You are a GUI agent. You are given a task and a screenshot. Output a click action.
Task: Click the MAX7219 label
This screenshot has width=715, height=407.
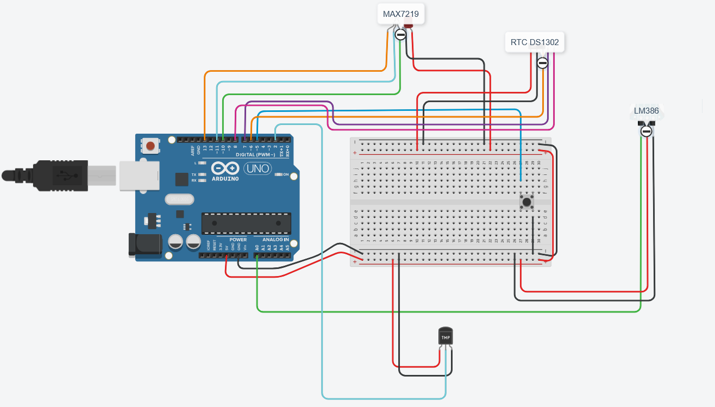point(400,14)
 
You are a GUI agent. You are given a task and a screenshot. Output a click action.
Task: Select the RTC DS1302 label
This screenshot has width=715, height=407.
point(535,42)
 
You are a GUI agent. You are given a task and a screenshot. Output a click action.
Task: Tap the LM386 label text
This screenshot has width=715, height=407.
point(646,111)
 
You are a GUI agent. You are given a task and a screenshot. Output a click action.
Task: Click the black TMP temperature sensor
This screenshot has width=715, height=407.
point(445,337)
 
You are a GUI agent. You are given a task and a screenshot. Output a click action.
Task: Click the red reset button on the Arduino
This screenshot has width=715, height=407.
point(150,145)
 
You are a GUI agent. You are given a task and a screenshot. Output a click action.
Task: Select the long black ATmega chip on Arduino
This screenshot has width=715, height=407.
point(246,222)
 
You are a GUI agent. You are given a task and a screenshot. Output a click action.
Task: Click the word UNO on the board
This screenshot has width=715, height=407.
point(258,169)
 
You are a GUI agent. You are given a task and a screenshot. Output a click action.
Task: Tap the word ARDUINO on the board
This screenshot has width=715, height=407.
point(225,179)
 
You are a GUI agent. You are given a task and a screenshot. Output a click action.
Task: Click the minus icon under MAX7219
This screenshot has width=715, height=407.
point(400,35)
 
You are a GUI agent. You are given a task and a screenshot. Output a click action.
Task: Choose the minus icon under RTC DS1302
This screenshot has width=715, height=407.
point(542,63)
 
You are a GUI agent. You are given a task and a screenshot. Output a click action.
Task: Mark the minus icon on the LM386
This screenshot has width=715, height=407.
point(646,131)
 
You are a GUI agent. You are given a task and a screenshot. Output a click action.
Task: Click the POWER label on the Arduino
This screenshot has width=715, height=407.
point(237,240)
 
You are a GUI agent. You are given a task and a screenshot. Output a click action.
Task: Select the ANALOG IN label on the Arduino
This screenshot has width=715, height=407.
point(275,240)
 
